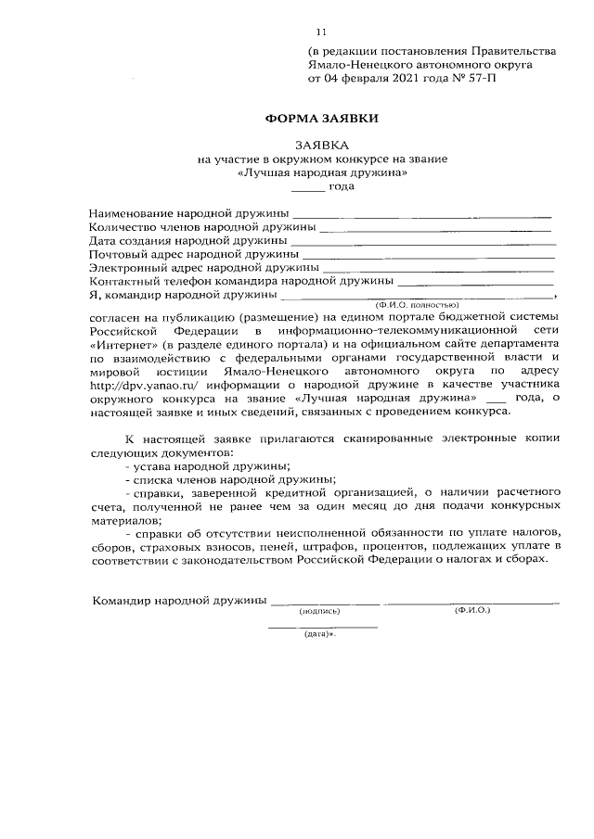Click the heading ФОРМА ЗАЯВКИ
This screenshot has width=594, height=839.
click(x=322, y=119)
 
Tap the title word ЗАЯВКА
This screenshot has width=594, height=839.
click(x=322, y=146)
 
